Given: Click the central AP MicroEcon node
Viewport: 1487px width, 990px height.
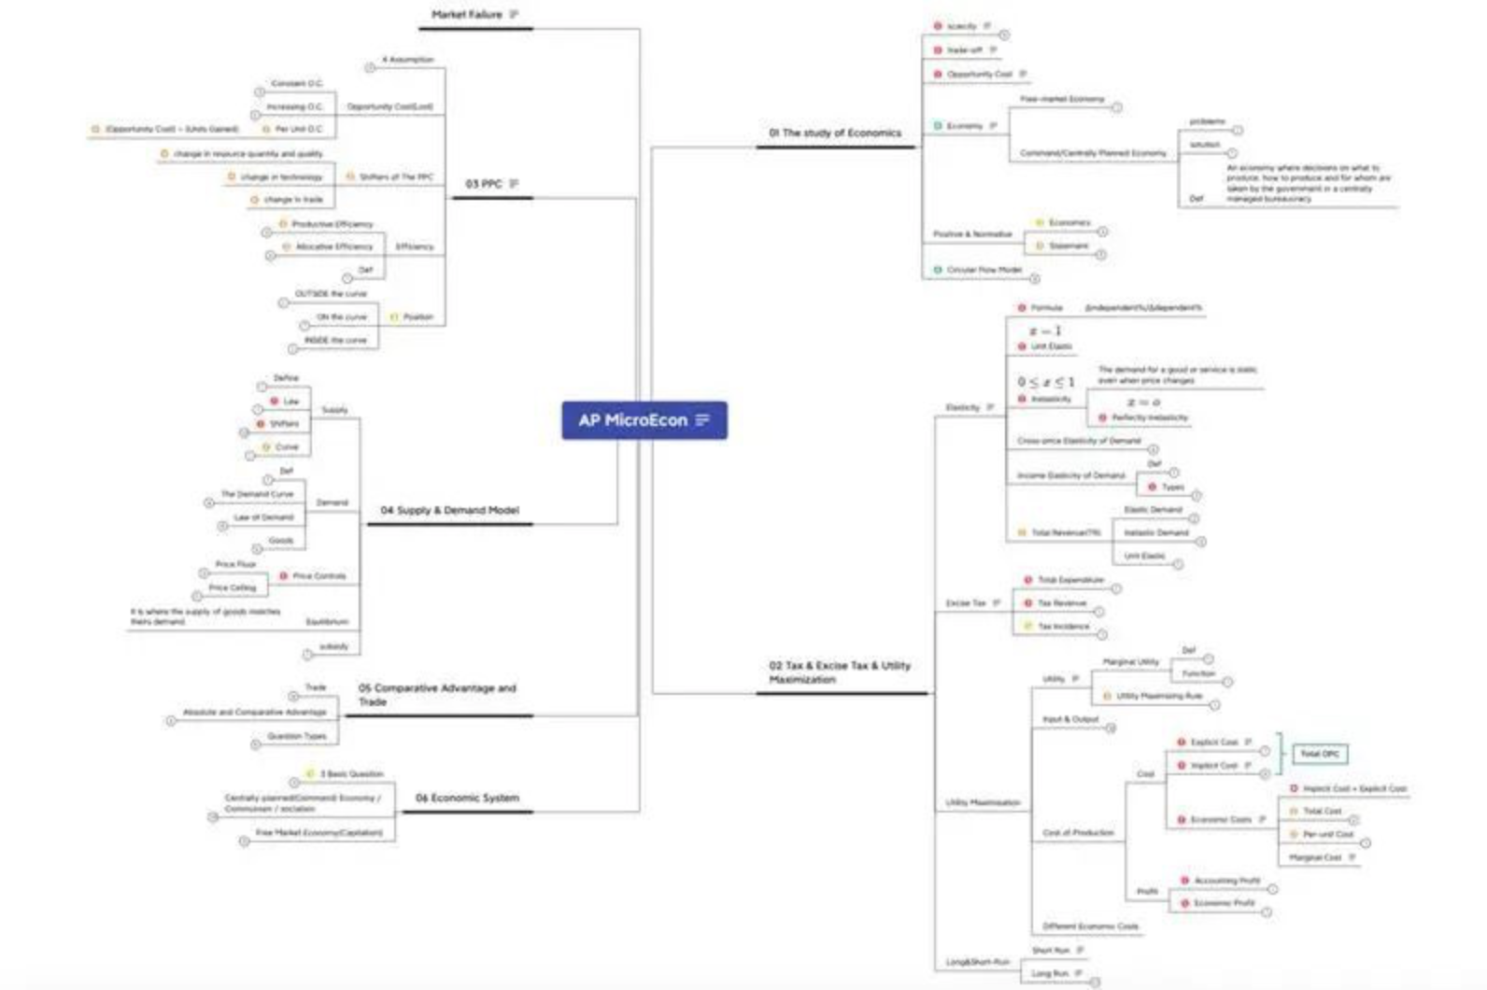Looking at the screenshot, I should (644, 420).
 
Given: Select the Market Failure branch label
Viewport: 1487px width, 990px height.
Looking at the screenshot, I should (466, 15).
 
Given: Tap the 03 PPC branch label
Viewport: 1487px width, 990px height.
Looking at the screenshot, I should (484, 184).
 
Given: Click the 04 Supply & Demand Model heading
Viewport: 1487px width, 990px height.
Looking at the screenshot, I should (449, 511).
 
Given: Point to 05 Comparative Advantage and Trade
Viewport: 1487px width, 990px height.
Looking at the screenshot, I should (436, 695).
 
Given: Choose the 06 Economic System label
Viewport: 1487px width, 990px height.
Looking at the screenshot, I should (467, 798).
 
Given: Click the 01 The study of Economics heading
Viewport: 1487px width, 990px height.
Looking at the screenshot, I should (835, 134).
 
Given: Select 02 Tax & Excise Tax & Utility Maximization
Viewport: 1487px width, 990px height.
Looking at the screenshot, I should (839, 672).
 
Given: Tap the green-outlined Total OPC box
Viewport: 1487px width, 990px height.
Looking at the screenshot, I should (1320, 754).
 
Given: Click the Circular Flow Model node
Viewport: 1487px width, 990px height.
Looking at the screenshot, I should (984, 270).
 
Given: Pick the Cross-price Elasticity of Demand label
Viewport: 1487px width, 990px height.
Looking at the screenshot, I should (1079, 441).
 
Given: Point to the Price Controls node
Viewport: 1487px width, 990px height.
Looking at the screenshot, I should (319, 576).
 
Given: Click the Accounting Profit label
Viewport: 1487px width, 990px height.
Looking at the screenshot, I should (1226, 881).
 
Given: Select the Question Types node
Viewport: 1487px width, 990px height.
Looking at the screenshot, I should (297, 737).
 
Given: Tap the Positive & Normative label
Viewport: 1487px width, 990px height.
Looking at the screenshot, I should (972, 234).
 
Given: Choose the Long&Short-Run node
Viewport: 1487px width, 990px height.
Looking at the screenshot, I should (977, 962).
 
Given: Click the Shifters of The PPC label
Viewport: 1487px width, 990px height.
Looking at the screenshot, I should (396, 177).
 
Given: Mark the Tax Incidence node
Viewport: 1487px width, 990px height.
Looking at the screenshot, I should (1063, 627).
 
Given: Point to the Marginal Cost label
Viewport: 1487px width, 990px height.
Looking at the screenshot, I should (1315, 857).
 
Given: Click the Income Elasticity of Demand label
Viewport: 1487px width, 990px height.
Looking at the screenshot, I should (1071, 476).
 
